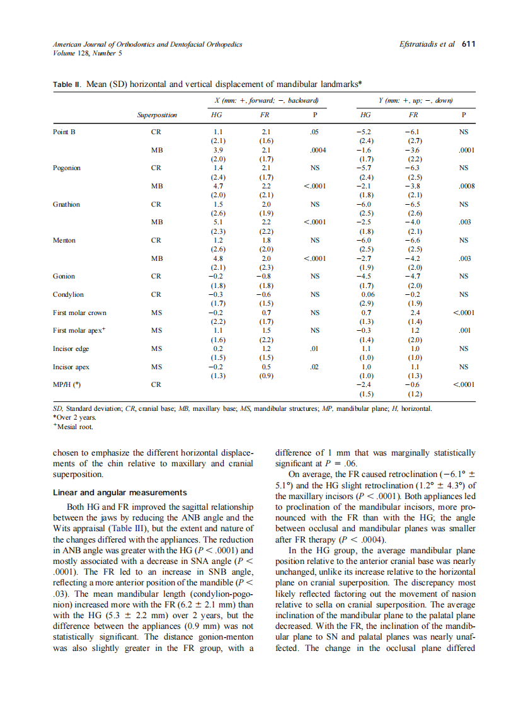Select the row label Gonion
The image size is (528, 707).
64,276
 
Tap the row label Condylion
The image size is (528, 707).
68,294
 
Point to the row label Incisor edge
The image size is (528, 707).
71,348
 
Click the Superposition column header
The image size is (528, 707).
157,115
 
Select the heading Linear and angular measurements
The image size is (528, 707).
120,492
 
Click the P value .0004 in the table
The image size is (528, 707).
317,151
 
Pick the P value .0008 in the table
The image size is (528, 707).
466,187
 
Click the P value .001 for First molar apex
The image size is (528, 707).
466,330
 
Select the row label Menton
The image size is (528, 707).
64,240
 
